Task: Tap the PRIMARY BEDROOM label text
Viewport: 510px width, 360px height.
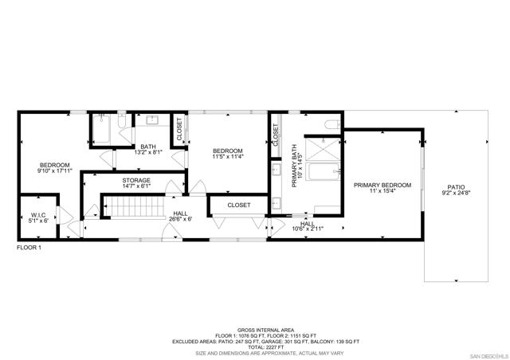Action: pos(382,185)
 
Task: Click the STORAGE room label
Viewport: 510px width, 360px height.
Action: pos(136,181)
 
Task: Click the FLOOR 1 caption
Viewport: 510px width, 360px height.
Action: pos(29,248)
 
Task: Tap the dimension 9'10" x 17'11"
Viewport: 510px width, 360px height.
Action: pos(55,170)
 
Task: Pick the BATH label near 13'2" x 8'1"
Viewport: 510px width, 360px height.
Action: pos(147,147)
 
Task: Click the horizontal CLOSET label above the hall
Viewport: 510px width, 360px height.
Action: pos(239,205)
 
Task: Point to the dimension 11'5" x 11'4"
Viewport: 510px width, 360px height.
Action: pos(227,157)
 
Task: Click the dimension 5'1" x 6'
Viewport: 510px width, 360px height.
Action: pos(37,221)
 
